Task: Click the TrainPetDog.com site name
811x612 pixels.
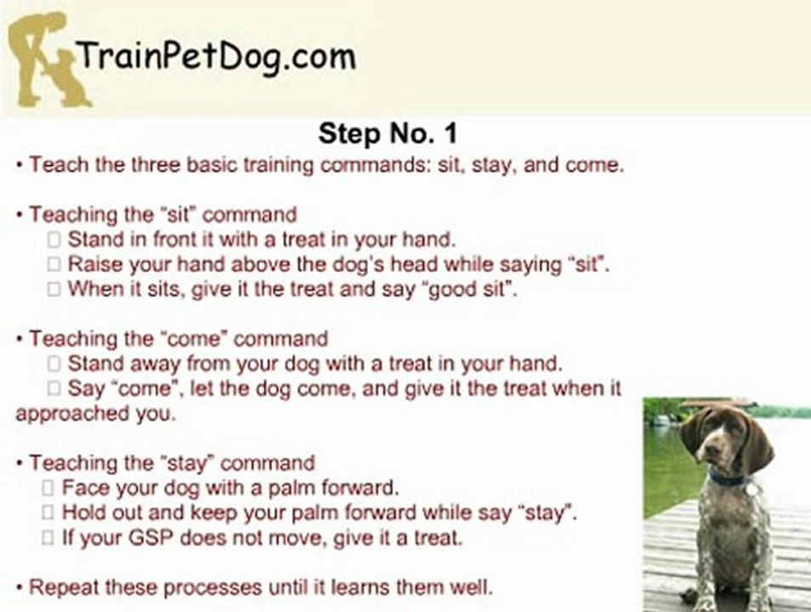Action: point(216,57)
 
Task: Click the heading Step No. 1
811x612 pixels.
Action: point(388,133)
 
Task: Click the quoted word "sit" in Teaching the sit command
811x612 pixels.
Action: point(181,214)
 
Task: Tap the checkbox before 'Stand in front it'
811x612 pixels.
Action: point(54,240)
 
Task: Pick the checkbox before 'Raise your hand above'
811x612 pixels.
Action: point(54,264)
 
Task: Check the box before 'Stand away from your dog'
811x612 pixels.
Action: point(54,365)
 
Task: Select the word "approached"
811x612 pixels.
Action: point(65,415)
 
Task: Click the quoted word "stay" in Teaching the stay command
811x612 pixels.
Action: point(184,463)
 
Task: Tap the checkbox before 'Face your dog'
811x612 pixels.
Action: point(48,489)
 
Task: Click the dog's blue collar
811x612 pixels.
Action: point(727,479)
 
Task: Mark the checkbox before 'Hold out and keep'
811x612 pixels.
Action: point(48,513)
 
